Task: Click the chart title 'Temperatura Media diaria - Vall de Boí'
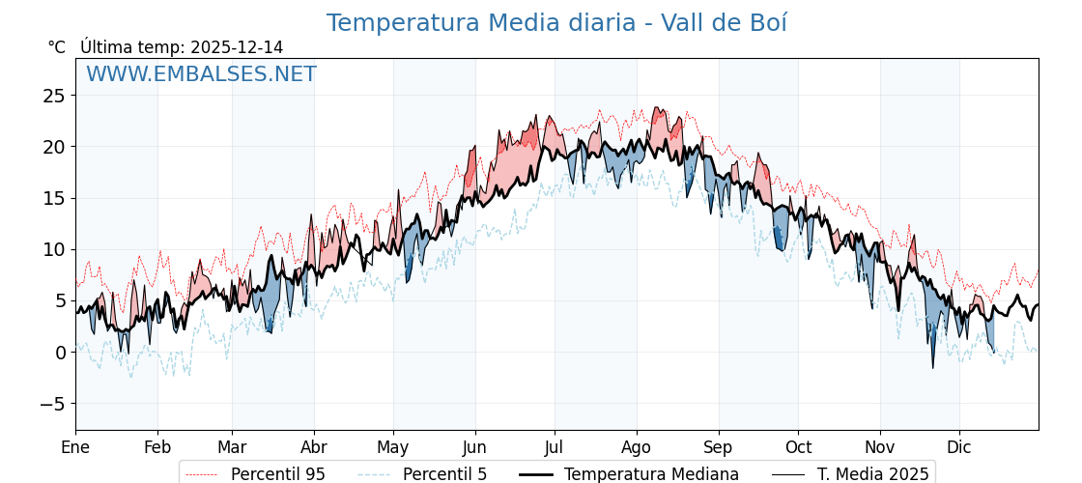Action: (556, 23)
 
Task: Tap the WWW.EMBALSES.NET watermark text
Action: (201, 74)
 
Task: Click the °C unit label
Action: (57, 47)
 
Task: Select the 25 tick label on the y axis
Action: (54, 96)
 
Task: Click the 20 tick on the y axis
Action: (54, 147)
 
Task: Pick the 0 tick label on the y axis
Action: (60, 353)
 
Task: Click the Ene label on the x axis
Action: (75, 448)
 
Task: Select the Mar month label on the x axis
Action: (232, 448)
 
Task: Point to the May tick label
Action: (393, 448)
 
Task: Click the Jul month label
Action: (555, 448)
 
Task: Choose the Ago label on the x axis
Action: (637, 448)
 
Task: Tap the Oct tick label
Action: (798, 448)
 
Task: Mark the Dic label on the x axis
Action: (959, 448)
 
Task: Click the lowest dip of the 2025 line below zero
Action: (933, 367)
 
